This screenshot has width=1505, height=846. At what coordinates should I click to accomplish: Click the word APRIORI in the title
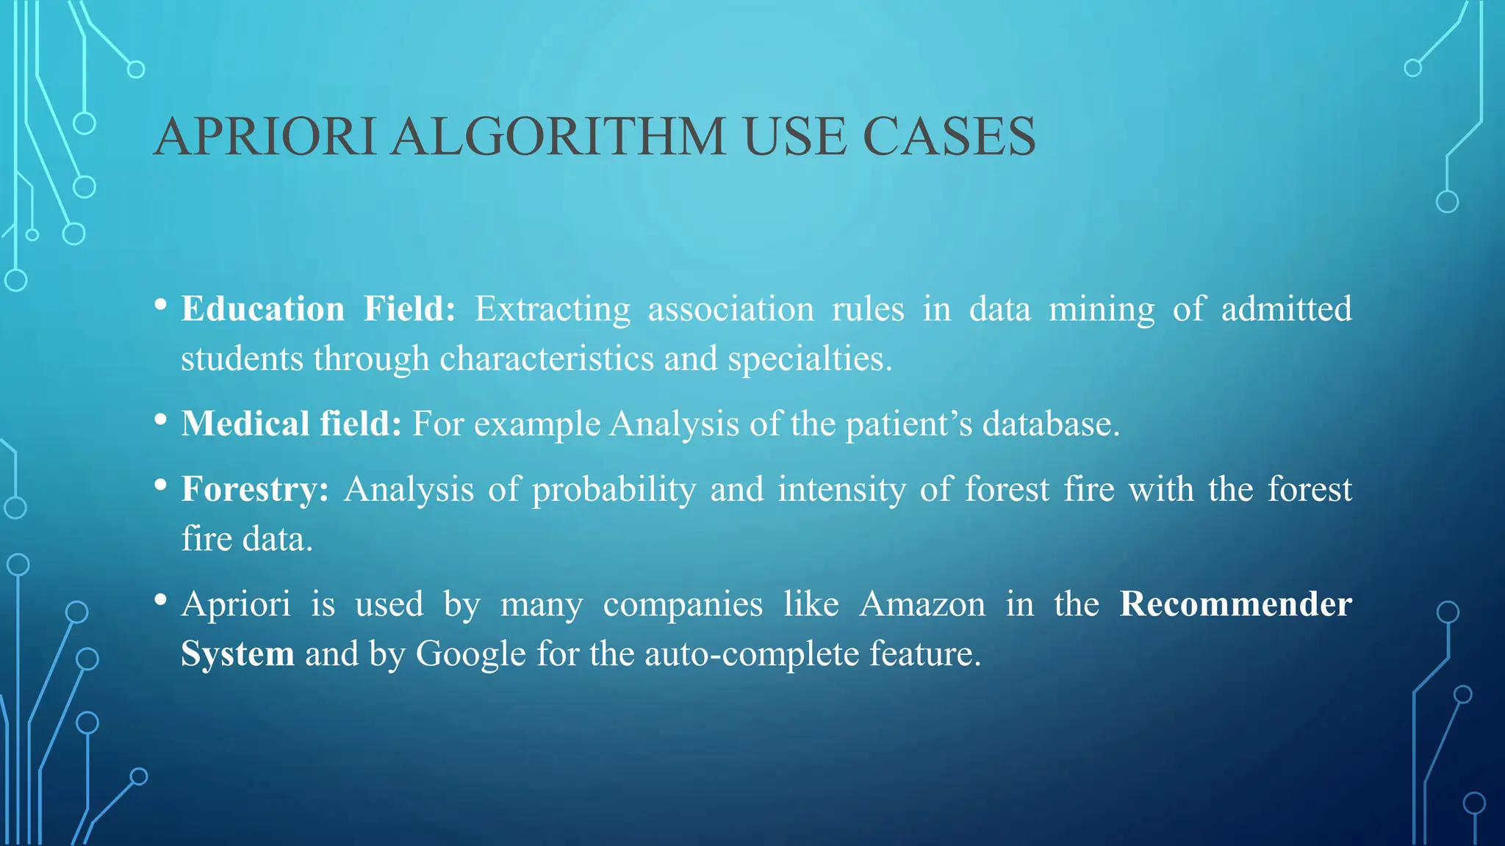[265, 137]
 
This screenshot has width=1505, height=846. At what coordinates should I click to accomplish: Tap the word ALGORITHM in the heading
[558, 137]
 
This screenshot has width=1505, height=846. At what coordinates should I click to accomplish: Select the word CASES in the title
[949, 137]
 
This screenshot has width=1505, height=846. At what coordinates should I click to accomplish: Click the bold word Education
[262, 309]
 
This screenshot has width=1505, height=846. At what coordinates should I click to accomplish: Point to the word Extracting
[552, 309]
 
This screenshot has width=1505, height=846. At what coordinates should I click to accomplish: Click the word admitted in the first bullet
[1286, 309]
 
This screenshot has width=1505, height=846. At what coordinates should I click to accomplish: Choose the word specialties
[809, 359]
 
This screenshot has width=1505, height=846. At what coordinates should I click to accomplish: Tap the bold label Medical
[245, 424]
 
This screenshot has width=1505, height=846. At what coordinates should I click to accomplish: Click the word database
[1051, 424]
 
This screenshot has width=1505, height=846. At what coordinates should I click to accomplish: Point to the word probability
[614, 490]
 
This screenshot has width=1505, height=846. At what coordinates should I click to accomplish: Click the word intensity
[841, 490]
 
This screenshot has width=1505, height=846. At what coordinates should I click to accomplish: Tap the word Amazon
[922, 604]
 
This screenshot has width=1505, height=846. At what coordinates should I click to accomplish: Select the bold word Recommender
[1235, 604]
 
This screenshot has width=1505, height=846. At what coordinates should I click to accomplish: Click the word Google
[471, 654]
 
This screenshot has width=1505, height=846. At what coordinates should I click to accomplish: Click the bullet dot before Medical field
[161, 420]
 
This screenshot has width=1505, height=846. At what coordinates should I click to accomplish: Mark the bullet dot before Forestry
[161, 485]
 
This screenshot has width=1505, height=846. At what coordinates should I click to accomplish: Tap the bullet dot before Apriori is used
[161, 599]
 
